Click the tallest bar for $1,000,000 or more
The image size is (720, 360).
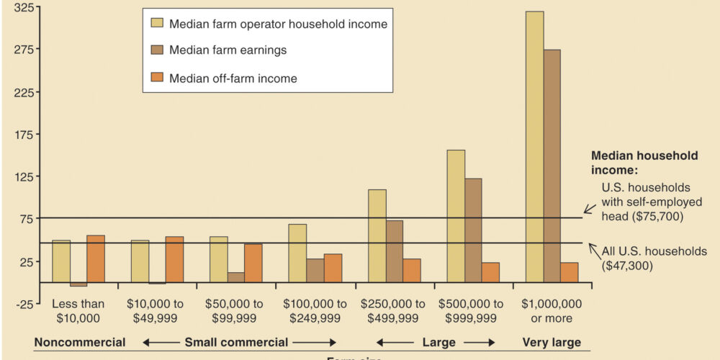(534, 147)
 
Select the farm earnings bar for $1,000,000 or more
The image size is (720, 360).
(552, 166)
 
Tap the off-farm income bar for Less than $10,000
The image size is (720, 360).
(96, 258)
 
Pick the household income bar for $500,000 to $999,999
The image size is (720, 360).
(456, 216)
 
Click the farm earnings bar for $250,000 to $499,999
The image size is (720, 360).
(395, 251)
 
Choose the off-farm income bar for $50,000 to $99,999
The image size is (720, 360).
(253, 263)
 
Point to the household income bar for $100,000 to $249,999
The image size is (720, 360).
(297, 253)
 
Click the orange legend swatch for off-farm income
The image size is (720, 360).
(156, 78)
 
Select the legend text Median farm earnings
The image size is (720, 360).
(228, 50)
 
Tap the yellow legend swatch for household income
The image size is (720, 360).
(156, 23)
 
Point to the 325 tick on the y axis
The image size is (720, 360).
(24, 8)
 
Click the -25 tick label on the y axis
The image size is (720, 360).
(24, 303)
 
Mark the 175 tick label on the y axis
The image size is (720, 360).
(24, 135)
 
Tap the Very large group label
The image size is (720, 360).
(552, 342)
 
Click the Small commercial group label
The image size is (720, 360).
(236, 342)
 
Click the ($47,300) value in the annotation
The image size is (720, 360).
(627, 264)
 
